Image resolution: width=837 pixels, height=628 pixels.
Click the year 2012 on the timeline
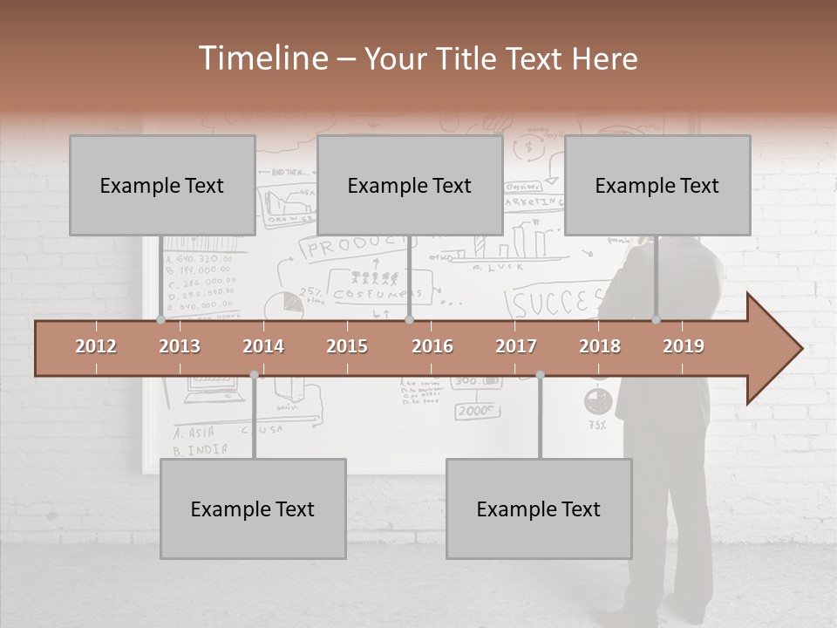(96, 346)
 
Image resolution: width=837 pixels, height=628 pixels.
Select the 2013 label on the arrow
(180, 346)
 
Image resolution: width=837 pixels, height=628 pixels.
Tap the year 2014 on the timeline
(263, 346)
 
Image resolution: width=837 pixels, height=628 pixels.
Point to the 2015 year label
(347, 346)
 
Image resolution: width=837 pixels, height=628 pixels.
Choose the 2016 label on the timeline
(432, 346)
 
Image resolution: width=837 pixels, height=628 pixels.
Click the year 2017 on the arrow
(516, 346)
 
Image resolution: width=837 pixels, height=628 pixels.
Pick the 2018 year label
(600, 346)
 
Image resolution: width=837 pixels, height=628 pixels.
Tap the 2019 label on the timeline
(684, 346)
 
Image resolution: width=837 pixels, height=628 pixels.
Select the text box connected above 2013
(162, 185)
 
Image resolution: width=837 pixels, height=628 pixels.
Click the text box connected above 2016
(410, 185)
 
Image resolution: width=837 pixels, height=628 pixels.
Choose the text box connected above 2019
(657, 185)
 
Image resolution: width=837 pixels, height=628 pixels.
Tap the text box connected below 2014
(253, 509)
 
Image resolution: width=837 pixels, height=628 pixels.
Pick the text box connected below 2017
(539, 509)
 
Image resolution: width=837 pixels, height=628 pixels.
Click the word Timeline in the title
(262, 58)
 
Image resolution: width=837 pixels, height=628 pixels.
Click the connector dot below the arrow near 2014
(254, 375)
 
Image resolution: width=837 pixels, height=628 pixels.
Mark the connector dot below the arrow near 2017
(540, 375)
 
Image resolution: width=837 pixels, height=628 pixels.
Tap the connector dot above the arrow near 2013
(160, 320)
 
